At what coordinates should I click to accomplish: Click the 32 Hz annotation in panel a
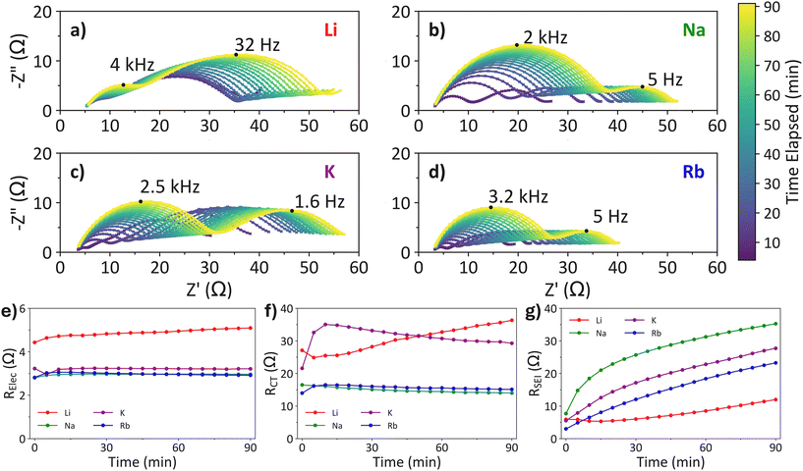tap(258, 45)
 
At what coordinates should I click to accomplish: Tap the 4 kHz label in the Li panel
tap(132, 65)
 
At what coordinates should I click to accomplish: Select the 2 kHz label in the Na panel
tap(545, 37)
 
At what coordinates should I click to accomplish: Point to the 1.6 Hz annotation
tap(319, 201)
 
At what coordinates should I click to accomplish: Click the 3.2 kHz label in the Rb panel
tap(518, 196)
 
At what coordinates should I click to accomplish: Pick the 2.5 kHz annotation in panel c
tap(170, 187)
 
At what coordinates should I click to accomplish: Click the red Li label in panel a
tap(330, 29)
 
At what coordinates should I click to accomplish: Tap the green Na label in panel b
tap(694, 29)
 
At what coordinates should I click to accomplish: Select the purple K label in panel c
tap(330, 172)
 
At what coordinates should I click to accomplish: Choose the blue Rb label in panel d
tap(694, 172)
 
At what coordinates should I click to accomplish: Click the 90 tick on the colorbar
tap(782, 7)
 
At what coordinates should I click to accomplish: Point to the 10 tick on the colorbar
tap(782, 242)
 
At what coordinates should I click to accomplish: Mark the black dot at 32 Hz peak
tap(236, 55)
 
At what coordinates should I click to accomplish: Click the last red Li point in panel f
tap(512, 321)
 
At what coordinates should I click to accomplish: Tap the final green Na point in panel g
tap(775, 324)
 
